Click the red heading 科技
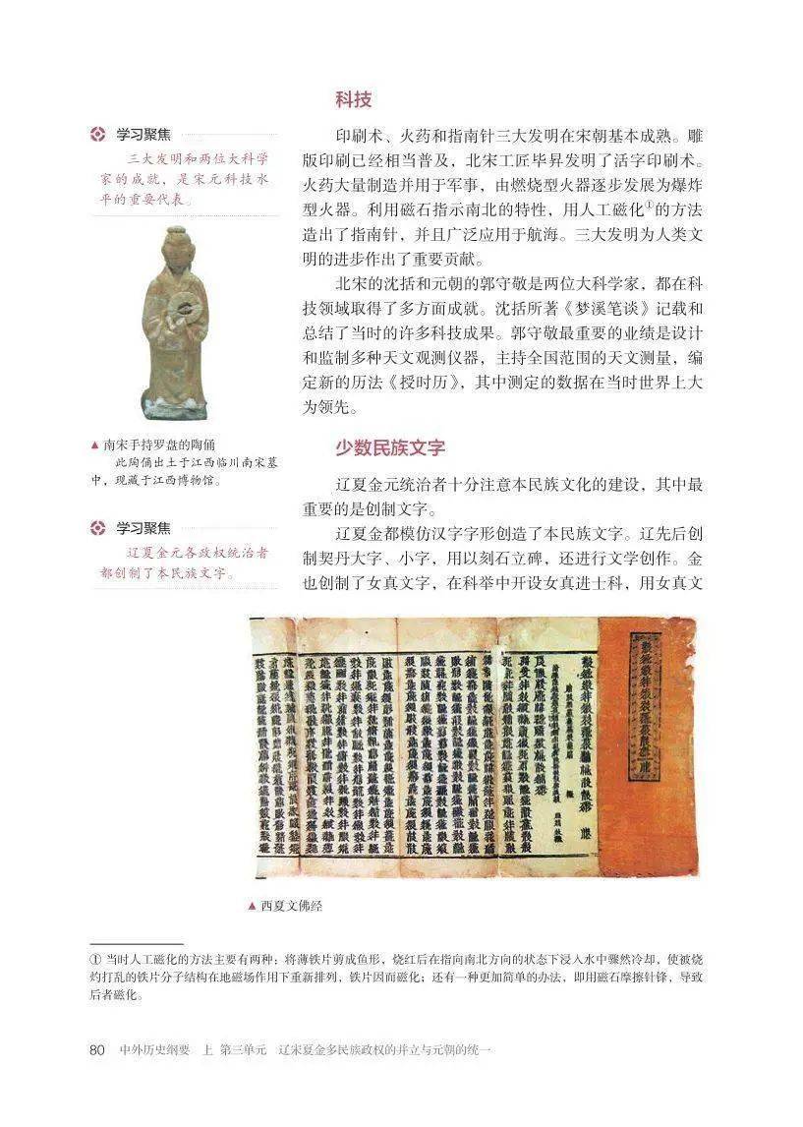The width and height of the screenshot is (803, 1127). (x=353, y=99)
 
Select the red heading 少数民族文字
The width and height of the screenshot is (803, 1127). (x=389, y=447)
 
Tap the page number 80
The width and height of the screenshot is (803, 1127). (x=96, y=1050)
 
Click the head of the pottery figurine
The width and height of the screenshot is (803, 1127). (x=176, y=244)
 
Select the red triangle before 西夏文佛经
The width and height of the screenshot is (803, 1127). (x=253, y=906)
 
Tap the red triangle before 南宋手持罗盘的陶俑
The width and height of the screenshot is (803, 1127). (x=93, y=445)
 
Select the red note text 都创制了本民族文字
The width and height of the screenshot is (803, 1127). (x=166, y=572)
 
